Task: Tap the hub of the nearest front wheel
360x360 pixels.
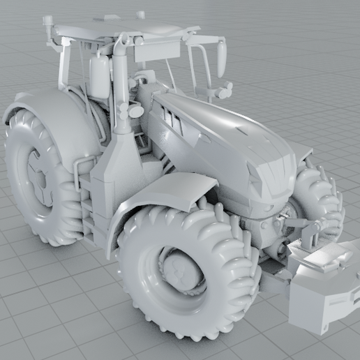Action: click(180, 269)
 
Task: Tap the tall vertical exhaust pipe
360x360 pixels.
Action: click(121, 84)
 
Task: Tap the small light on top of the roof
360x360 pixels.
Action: click(140, 14)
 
